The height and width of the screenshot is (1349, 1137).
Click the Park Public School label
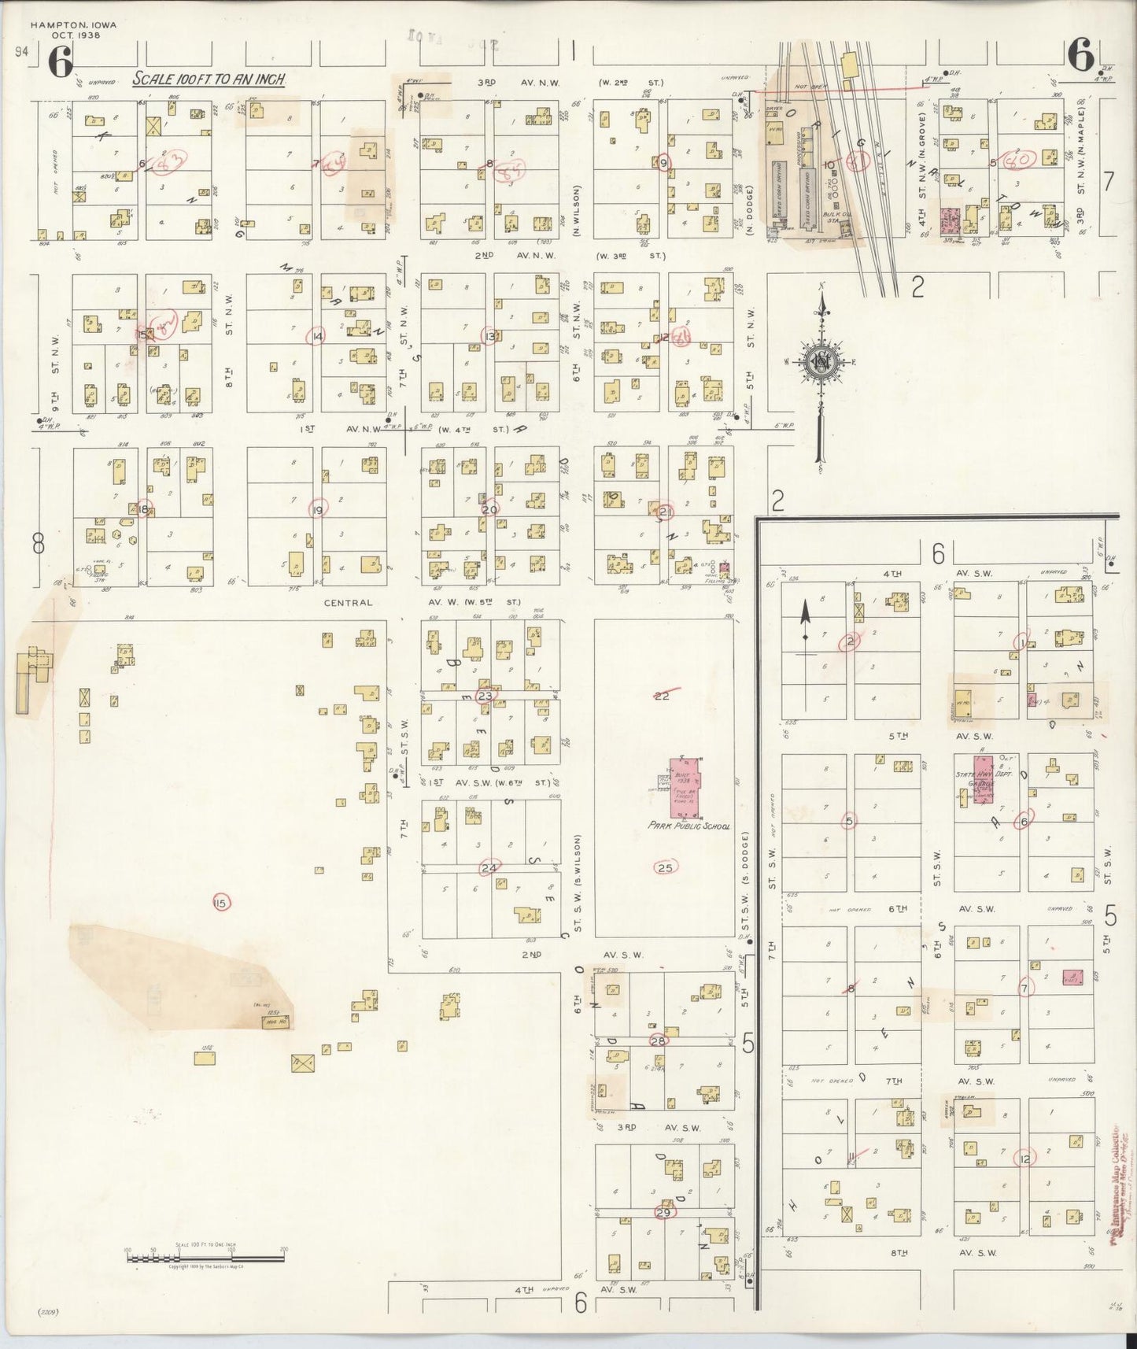tap(689, 826)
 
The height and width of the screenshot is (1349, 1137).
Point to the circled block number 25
tap(665, 867)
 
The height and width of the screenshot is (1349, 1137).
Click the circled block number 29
tap(663, 1212)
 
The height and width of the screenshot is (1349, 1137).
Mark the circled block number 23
tap(485, 696)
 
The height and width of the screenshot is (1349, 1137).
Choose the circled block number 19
tap(318, 509)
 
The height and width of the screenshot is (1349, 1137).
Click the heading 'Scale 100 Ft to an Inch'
tap(208, 79)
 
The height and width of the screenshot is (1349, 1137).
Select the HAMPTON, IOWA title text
tap(73, 25)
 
